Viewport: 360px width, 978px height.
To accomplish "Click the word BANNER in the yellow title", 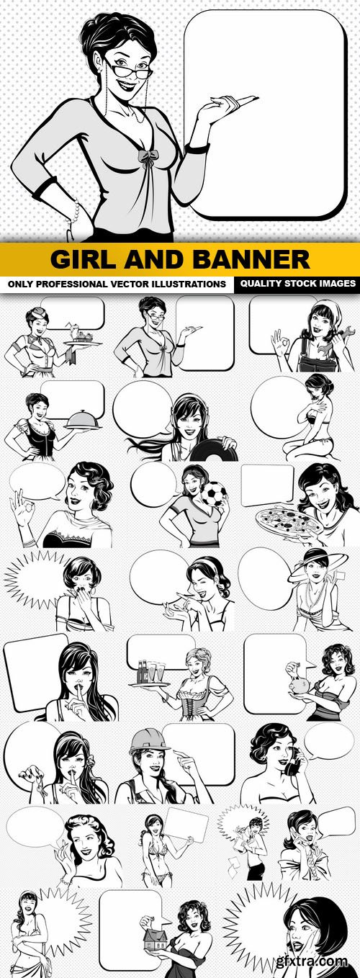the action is [x=251, y=259].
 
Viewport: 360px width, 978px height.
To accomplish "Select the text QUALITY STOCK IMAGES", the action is [x=298, y=283].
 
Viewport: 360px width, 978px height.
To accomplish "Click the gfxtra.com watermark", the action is [x=312, y=961].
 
